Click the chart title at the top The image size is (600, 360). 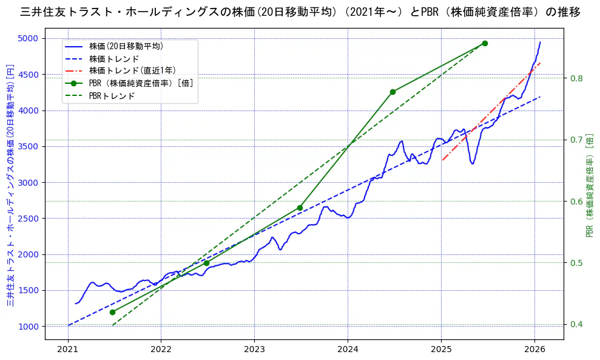tap(300, 12)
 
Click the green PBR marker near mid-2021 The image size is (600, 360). tap(112, 312)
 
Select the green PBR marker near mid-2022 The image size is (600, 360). tap(206, 263)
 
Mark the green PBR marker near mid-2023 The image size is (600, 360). tap(300, 208)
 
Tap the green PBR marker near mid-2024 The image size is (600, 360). tap(393, 92)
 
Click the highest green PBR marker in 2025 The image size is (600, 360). tap(485, 43)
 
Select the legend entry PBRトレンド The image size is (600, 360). tap(112, 96)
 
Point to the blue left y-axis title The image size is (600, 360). tap(10, 185)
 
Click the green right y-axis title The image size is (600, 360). tap(589, 185)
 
